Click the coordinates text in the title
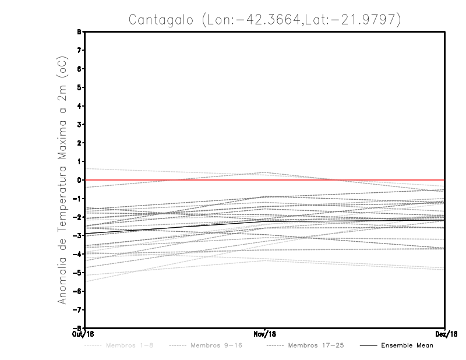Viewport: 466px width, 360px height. point(300,20)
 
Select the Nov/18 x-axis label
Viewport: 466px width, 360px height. point(265,334)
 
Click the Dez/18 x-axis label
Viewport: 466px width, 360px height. point(446,334)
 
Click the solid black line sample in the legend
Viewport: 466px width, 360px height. point(367,345)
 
